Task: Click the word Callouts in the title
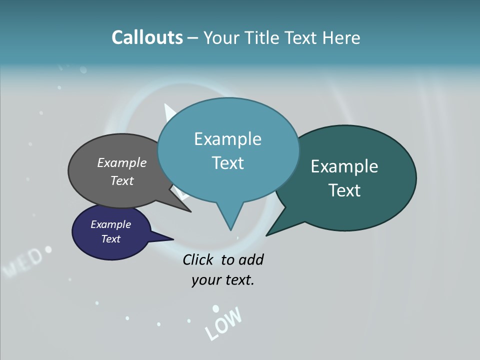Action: pos(147,38)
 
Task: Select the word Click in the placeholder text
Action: pos(197,259)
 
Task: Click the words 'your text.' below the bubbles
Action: pos(223,280)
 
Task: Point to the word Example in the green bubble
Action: pos(344,166)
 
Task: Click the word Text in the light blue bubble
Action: pos(228,163)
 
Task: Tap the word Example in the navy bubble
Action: pos(111,224)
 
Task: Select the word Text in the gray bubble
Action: pos(122,180)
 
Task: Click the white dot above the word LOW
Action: pos(215,308)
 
